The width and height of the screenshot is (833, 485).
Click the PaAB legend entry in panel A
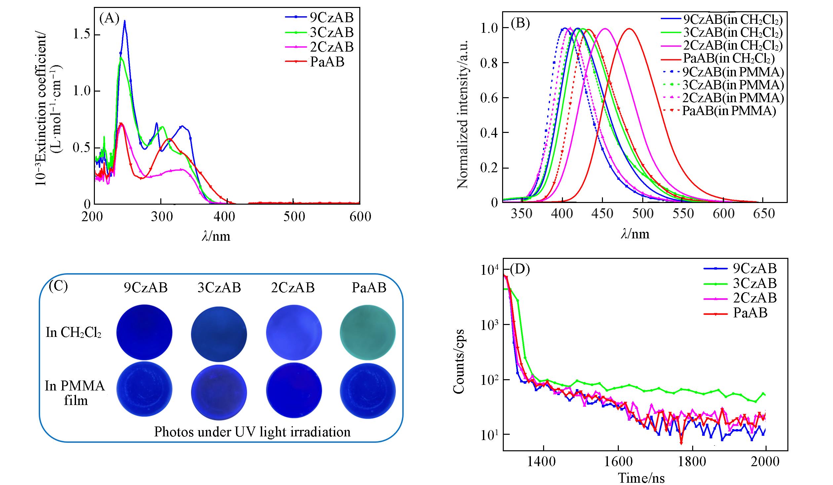click(x=327, y=62)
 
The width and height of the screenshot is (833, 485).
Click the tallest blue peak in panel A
click(x=125, y=21)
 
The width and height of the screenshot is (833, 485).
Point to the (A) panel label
click(x=109, y=19)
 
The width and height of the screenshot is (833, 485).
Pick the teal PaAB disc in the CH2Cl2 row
click(x=368, y=332)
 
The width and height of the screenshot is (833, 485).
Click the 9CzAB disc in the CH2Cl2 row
click(x=144, y=332)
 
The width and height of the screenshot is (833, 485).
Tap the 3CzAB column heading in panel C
click(x=219, y=288)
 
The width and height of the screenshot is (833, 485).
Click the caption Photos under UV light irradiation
click(x=252, y=432)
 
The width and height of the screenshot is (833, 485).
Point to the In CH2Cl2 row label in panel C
click(x=73, y=332)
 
